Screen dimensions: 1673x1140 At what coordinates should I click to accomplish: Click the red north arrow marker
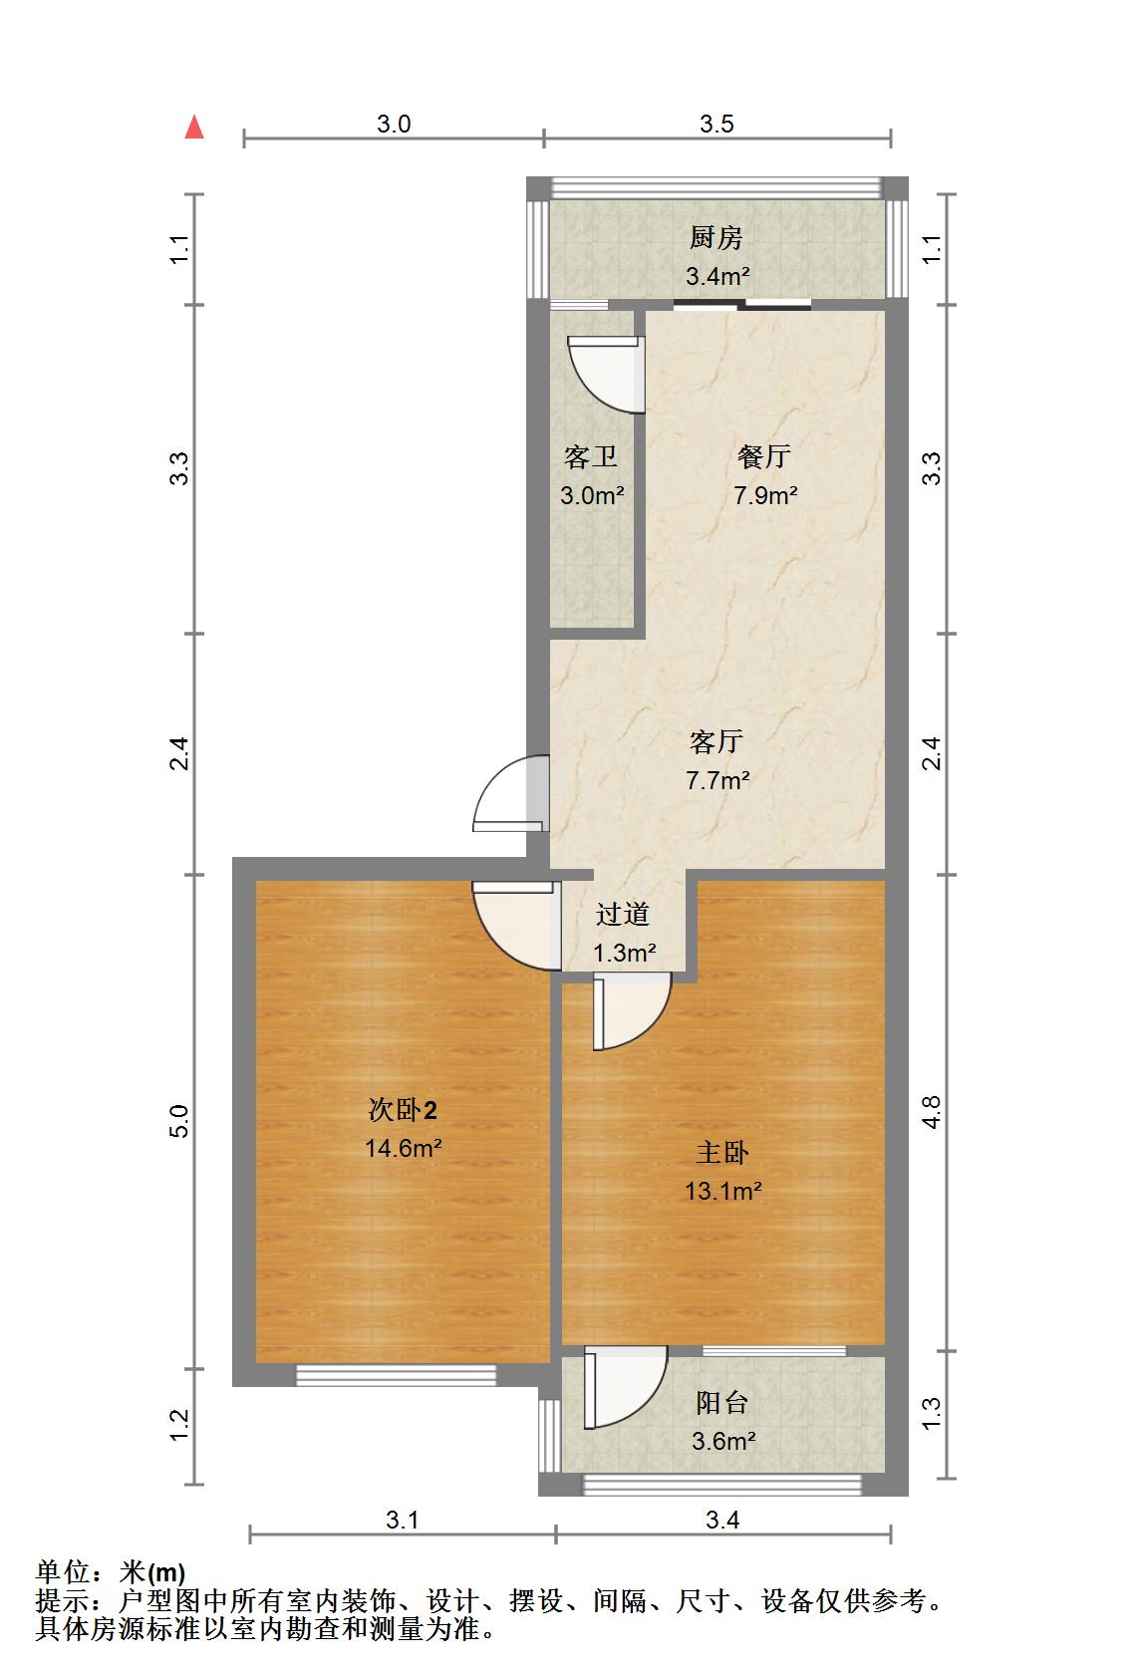pos(194,128)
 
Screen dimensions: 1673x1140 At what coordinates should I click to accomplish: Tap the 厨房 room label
pos(716,238)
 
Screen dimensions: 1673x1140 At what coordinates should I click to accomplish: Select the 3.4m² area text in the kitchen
pos(716,276)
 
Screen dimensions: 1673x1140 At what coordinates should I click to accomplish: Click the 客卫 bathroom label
pos(591,457)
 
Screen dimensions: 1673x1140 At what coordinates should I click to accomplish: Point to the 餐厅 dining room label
pos(764,456)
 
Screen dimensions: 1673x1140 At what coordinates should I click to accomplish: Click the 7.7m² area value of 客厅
pos(717,780)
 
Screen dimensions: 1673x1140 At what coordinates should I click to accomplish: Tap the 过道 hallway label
pos(623,914)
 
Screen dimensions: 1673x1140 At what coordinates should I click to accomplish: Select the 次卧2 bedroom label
pos(403,1109)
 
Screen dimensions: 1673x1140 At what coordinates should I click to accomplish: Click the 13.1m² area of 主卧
pos(722,1190)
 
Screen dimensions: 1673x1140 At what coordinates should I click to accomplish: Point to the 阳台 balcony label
pos(721,1403)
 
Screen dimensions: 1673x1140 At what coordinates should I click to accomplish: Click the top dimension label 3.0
pos(394,124)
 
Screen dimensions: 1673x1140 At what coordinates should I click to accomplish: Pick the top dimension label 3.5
pos(716,124)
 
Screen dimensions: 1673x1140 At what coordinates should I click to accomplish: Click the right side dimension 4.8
pos(931,1112)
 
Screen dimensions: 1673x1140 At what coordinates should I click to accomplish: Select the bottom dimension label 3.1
pos(402,1520)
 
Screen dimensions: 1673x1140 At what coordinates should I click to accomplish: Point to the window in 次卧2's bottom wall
pos(396,1375)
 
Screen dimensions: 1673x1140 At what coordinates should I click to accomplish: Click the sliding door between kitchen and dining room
pos(741,304)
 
